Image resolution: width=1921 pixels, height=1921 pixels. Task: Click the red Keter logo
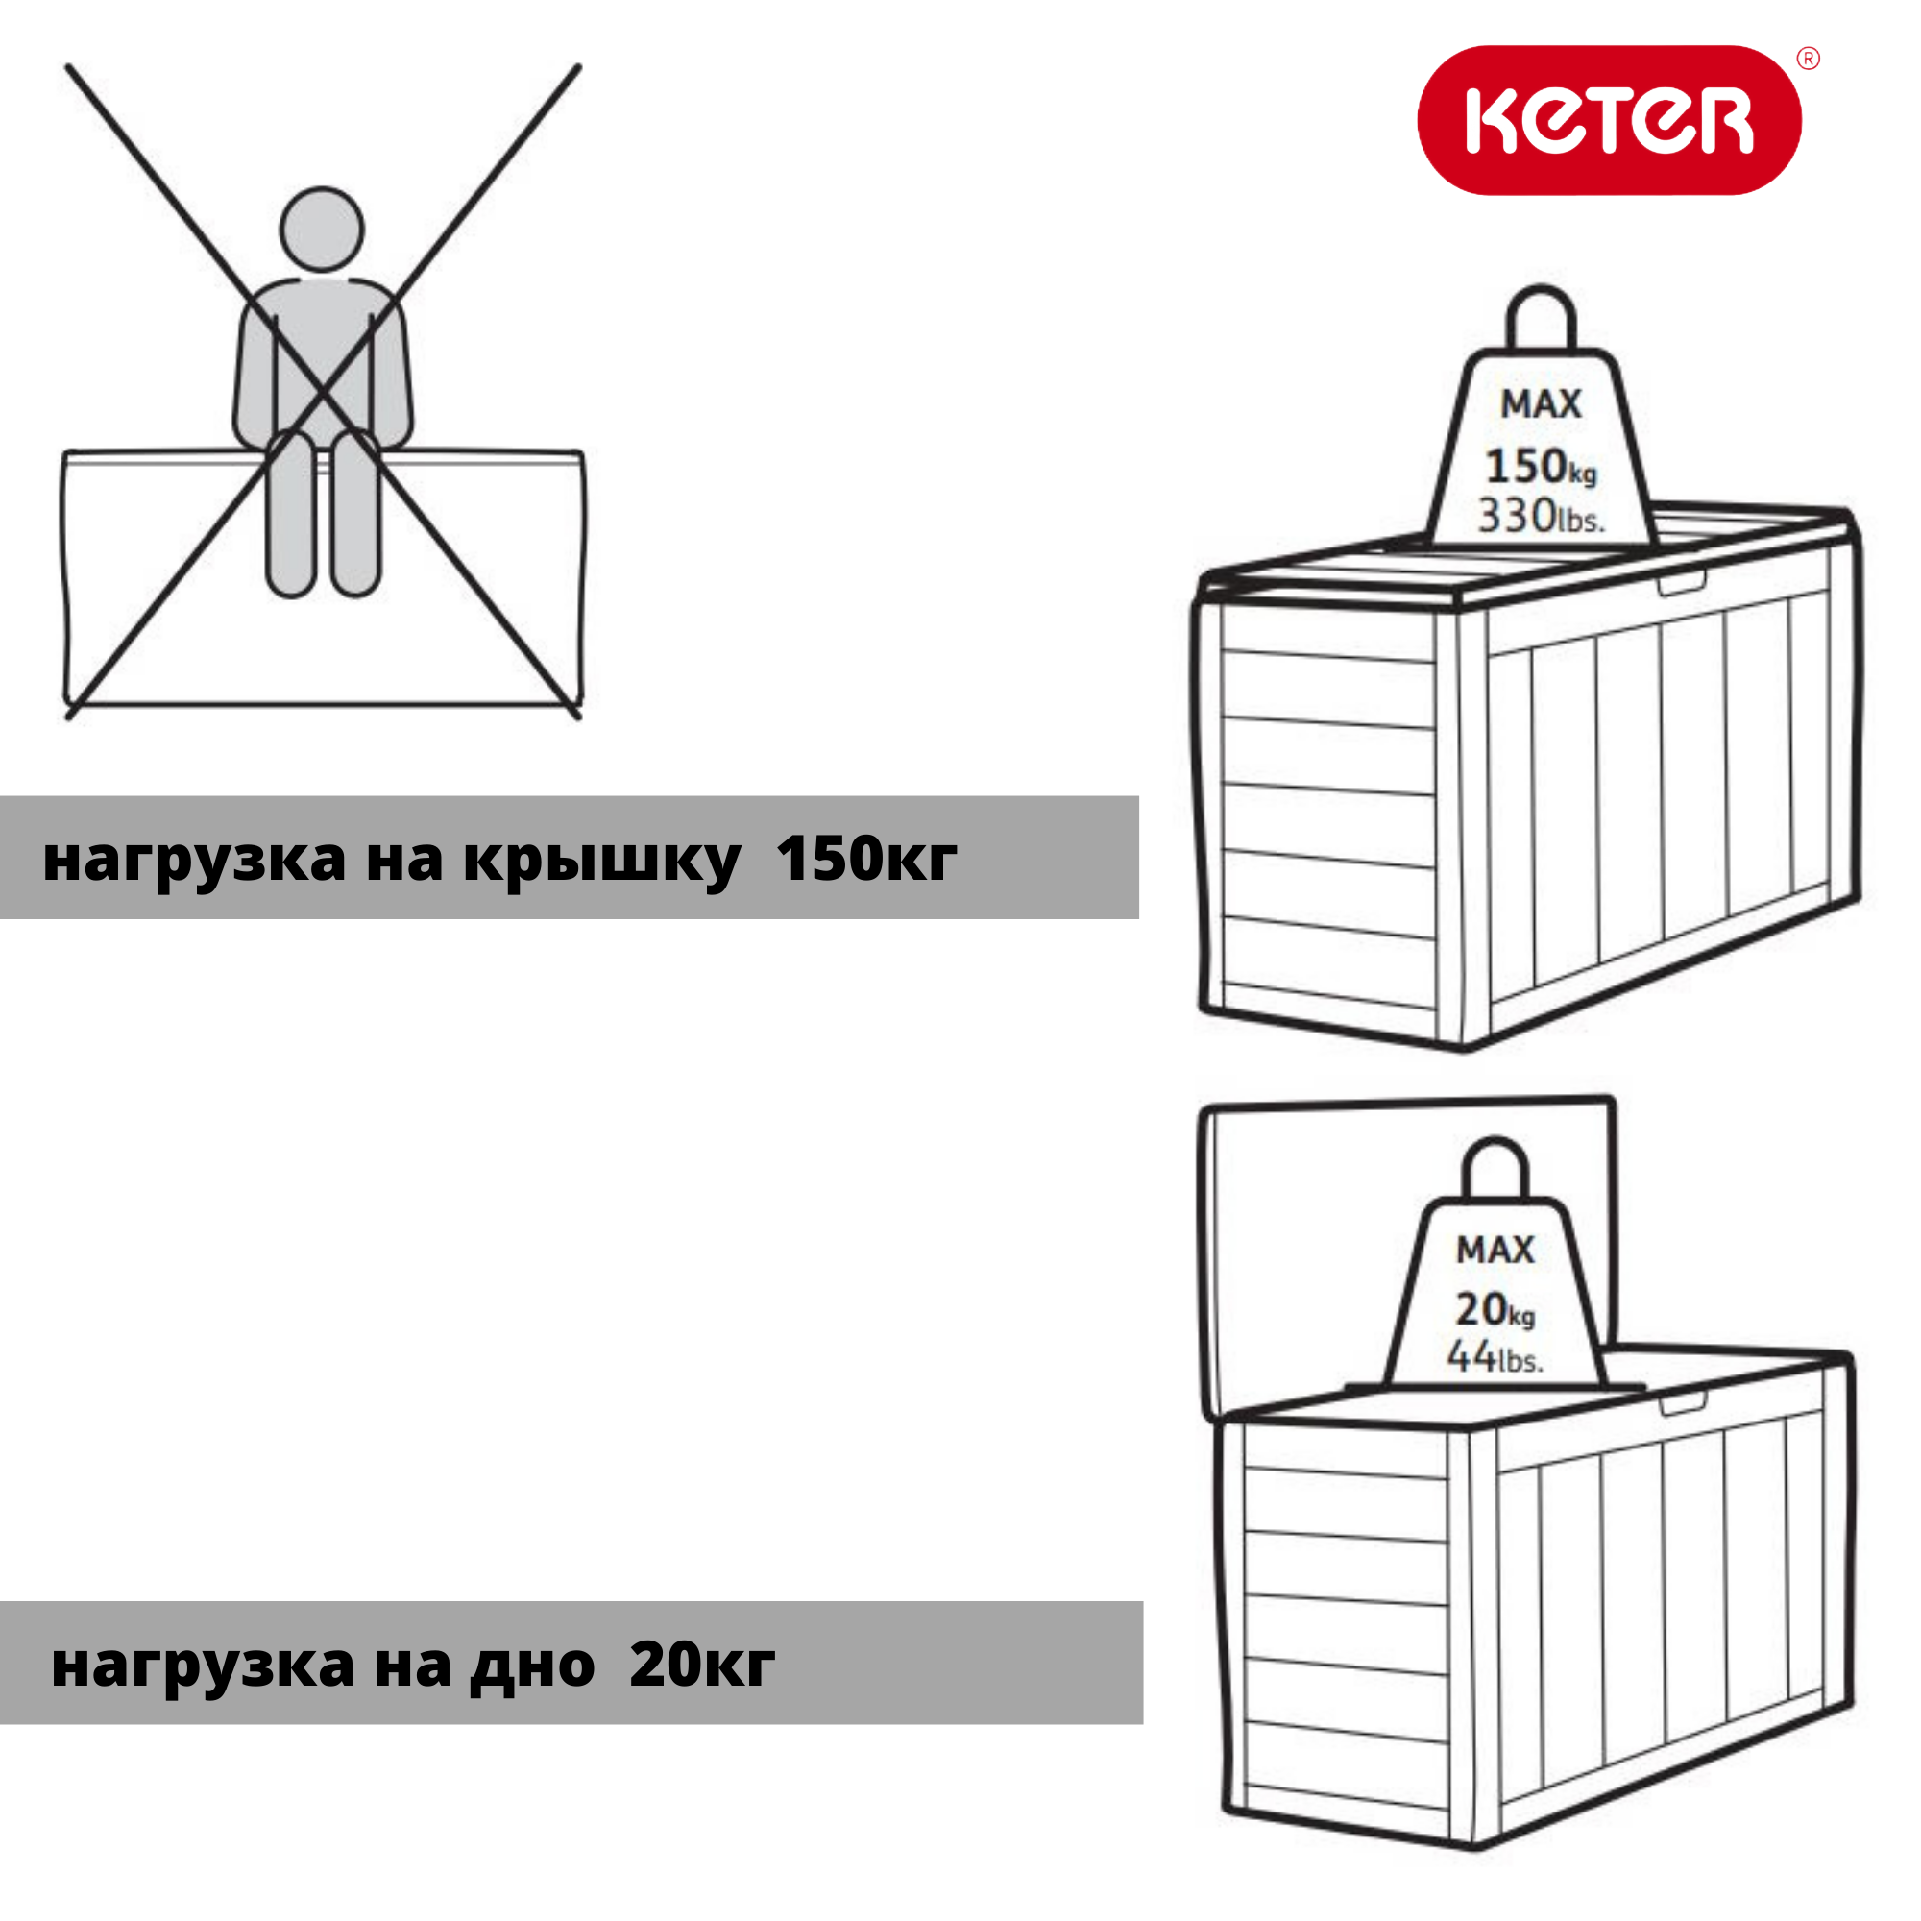(x=1609, y=120)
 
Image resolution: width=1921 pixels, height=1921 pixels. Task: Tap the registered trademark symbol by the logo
(x=1809, y=59)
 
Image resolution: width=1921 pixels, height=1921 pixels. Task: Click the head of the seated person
(x=321, y=229)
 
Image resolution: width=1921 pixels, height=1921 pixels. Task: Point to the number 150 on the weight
(x=1525, y=465)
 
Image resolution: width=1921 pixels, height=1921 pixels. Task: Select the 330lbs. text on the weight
(x=1541, y=516)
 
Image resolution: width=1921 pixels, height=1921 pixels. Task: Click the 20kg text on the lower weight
(x=1495, y=1309)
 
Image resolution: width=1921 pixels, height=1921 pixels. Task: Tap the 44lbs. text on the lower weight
(x=1495, y=1356)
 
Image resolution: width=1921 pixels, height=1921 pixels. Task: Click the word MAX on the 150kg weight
(x=1541, y=403)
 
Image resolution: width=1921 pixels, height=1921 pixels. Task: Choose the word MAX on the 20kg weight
(x=1495, y=1250)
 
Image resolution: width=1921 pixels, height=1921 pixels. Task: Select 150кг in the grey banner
(x=866, y=858)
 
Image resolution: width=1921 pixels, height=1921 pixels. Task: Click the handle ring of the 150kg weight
(x=1542, y=316)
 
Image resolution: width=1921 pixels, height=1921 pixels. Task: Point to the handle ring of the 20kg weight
(x=1496, y=1168)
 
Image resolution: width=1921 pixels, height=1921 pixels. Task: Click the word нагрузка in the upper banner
(x=194, y=858)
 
